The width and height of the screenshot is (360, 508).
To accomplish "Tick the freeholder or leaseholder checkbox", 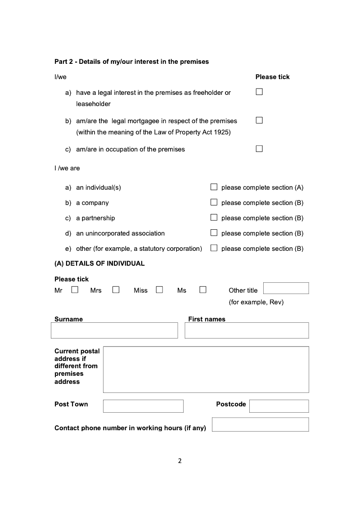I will (x=259, y=92).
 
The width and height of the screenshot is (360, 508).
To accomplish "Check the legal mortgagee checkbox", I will (x=259, y=120).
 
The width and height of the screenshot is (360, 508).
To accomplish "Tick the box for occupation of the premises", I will (x=259, y=149).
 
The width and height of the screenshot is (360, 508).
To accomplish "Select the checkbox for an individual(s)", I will (x=214, y=187).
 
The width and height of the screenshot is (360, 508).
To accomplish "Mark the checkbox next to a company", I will (x=214, y=202).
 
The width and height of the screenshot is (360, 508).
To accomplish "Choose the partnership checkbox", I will (x=214, y=218).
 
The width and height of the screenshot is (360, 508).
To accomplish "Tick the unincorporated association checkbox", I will (x=214, y=233).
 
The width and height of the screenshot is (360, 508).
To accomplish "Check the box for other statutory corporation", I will (x=214, y=248).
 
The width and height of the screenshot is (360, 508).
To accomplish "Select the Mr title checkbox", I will (x=75, y=290).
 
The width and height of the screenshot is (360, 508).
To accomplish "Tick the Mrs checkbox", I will (x=116, y=290).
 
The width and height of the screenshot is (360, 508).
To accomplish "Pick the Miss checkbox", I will (x=159, y=290).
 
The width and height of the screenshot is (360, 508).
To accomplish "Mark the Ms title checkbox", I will (x=203, y=290).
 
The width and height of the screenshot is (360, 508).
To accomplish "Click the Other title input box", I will (x=286, y=288).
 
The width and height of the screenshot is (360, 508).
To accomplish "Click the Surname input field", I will (x=114, y=330).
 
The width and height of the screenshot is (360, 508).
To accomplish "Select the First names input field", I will (x=247, y=330).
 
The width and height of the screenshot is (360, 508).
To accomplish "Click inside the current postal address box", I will (x=206, y=370).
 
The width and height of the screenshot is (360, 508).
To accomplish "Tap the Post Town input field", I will (x=143, y=406).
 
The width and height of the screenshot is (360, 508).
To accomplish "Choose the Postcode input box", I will (x=279, y=406).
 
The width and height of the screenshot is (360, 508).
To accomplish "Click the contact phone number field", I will (x=260, y=424).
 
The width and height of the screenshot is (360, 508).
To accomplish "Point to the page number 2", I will (x=180, y=461).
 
